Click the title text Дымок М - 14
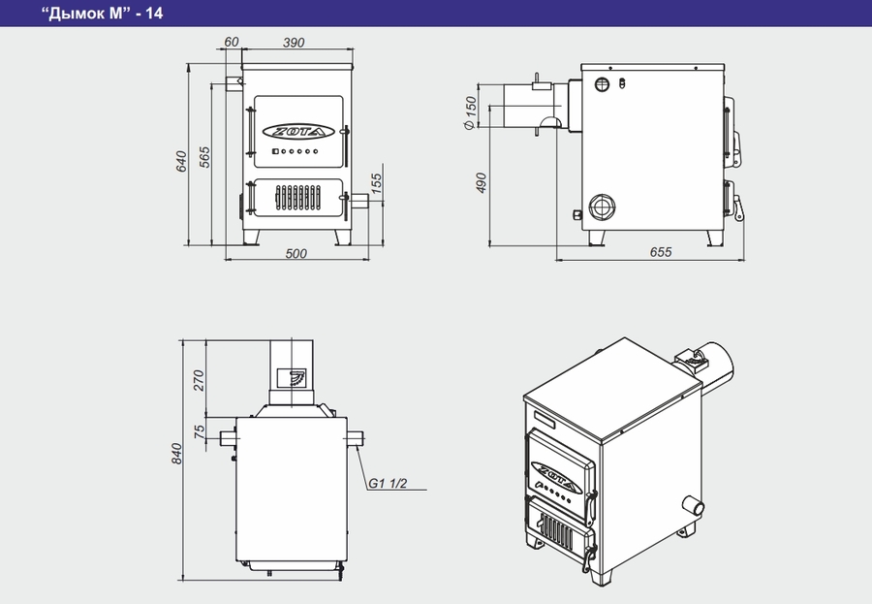tap(103, 13)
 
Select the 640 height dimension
tap(181, 161)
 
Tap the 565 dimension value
tap(204, 157)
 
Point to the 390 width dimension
tap(294, 43)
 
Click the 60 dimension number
tap(232, 42)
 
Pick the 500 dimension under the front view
tap(296, 253)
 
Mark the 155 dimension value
tap(377, 183)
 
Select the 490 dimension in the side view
tap(481, 182)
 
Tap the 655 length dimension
tap(661, 252)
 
